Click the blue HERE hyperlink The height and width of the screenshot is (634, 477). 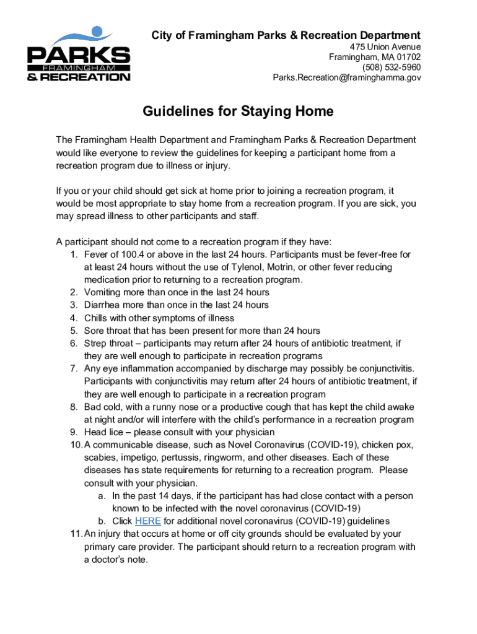[x=147, y=521]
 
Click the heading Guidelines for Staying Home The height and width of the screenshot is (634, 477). [x=239, y=111]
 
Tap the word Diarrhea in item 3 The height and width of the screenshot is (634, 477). [x=102, y=305]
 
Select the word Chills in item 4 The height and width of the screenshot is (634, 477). [x=97, y=318]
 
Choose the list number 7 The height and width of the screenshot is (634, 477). [x=72, y=368]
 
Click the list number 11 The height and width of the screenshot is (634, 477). [x=75, y=534]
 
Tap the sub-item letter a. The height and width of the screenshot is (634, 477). [x=101, y=496]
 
